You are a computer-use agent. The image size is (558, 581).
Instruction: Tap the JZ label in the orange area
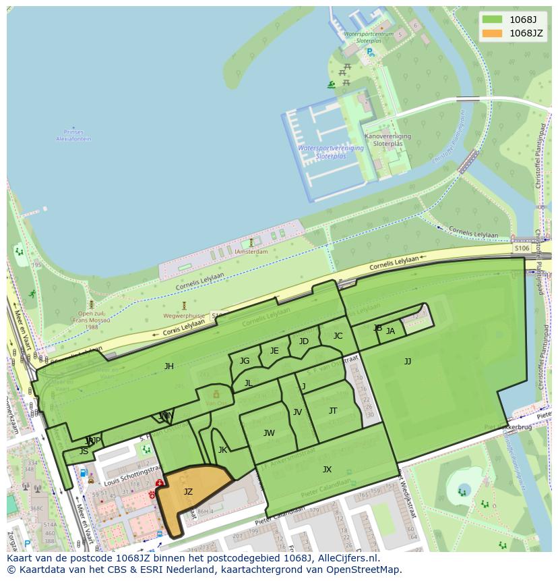(188, 492)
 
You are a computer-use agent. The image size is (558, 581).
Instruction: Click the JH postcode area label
(169, 366)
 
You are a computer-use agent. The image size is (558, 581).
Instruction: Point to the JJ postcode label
(408, 361)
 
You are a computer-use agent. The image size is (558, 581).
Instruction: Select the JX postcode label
(327, 470)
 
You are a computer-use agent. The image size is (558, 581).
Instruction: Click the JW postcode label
(269, 433)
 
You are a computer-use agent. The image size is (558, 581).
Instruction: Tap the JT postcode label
(333, 411)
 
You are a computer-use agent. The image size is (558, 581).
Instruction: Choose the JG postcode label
(245, 361)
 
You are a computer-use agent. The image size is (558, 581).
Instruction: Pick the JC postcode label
(338, 336)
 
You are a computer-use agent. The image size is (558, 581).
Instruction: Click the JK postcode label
(222, 450)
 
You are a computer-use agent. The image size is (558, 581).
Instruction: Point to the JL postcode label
(248, 383)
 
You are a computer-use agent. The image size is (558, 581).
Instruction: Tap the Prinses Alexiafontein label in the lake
(73, 136)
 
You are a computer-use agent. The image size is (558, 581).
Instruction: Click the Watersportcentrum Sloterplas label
(368, 37)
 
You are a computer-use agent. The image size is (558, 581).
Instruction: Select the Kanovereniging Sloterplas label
(387, 140)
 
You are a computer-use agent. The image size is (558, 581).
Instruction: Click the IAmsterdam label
(251, 252)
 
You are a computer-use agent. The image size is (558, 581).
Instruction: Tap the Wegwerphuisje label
(183, 315)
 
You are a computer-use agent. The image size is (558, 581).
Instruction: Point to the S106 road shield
(522, 248)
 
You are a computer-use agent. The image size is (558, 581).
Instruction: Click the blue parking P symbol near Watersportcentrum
(370, 52)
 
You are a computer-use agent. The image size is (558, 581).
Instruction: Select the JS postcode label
(84, 451)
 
